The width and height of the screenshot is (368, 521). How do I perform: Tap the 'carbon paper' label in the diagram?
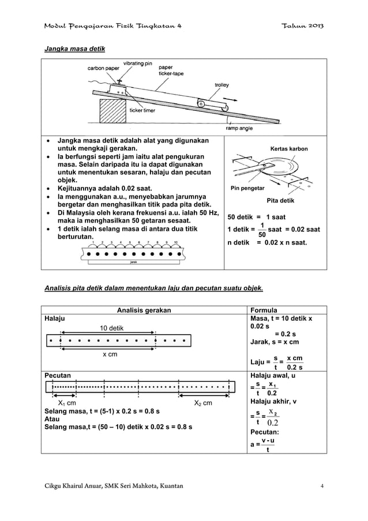pyautogui.click(x=103, y=68)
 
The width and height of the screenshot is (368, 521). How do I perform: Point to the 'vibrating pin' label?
pyautogui.click(x=137, y=62)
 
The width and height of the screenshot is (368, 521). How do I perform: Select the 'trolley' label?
pyautogui.click(x=221, y=84)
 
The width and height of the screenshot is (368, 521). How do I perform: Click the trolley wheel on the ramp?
pyautogui.click(x=201, y=104)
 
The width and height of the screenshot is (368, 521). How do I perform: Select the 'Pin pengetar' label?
pyautogui.click(x=248, y=188)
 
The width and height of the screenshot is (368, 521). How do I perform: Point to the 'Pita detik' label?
pyautogui.click(x=279, y=200)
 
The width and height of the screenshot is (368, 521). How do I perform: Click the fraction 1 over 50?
pyautogui.click(x=262, y=230)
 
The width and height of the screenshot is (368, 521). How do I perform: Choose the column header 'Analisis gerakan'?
pyautogui.click(x=144, y=310)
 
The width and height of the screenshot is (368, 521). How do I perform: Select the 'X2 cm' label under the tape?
pyautogui.click(x=202, y=403)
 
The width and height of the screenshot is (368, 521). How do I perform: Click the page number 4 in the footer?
pyautogui.click(x=322, y=487)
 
